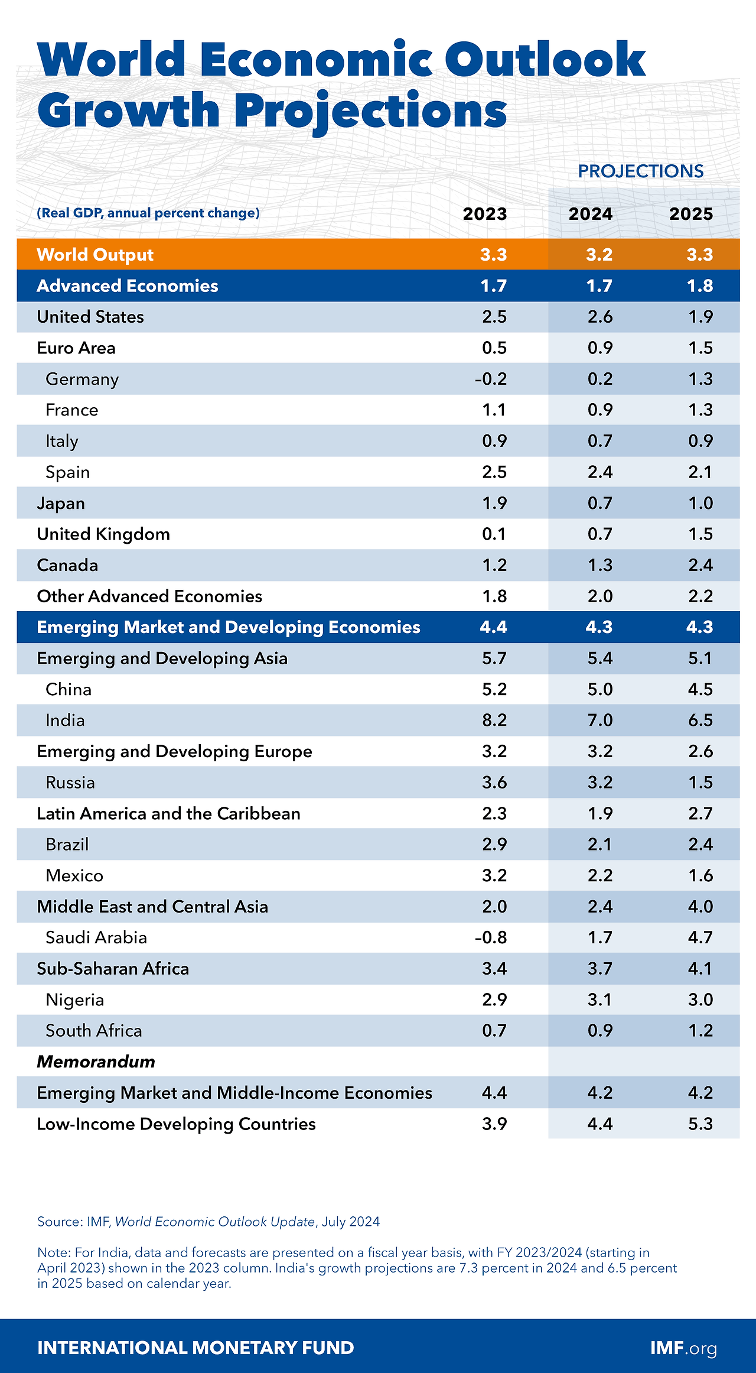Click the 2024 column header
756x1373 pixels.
[x=590, y=214]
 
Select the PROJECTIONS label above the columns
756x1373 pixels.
[x=640, y=171]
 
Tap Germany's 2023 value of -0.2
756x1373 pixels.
[x=491, y=379]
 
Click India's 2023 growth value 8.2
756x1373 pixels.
[x=494, y=720]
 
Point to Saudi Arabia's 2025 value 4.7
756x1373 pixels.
[x=700, y=937]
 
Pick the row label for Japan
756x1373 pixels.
[x=61, y=504]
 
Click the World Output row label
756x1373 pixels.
[x=95, y=255]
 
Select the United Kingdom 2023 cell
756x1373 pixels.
[x=494, y=534]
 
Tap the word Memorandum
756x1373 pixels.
[x=96, y=1062]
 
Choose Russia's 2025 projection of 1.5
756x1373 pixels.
[x=700, y=783]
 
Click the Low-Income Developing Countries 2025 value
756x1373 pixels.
[x=700, y=1124]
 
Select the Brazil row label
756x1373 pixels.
[x=67, y=845]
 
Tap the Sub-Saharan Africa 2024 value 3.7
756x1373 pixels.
[x=599, y=969]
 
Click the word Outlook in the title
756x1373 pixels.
[x=545, y=60]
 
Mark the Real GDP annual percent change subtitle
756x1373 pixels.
[x=148, y=213]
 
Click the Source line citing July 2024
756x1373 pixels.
[x=208, y=1222]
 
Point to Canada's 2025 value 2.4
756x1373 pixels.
[x=700, y=566]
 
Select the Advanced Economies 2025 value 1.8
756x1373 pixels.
[x=700, y=286]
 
